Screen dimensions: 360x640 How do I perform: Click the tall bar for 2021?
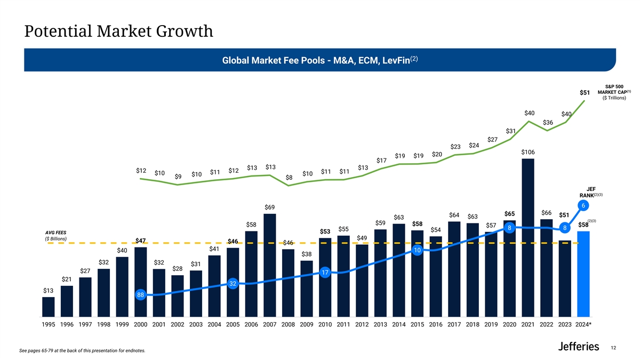click(528, 237)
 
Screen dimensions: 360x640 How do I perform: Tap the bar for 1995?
click(49, 307)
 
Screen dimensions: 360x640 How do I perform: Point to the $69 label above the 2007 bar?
click(270, 207)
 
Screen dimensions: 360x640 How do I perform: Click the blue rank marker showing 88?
click(141, 294)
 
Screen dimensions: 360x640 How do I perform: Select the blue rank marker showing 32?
click(233, 283)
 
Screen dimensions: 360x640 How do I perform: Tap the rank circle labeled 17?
click(325, 273)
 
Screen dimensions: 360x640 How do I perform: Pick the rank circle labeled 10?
click(418, 250)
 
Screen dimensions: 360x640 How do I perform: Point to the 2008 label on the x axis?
click(288, 325)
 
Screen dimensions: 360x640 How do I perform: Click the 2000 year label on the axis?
click(141, 325)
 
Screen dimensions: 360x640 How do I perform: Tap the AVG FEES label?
click(57, 233)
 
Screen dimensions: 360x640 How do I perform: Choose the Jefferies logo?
click(578, 347)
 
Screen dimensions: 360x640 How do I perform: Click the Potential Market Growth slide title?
click(119, 31)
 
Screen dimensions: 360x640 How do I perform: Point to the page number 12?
click(613, 348)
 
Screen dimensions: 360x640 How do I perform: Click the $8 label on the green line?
click(289, 177)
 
